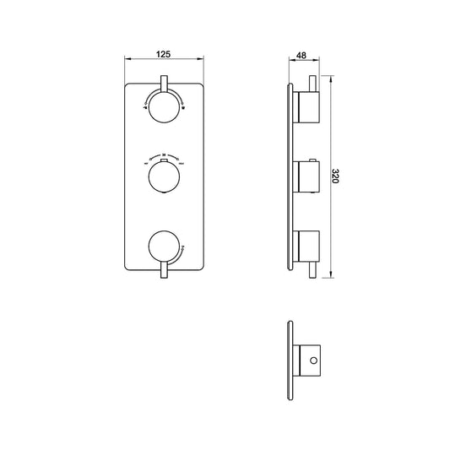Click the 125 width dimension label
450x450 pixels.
(164, 54)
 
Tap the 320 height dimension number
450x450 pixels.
(335, 176)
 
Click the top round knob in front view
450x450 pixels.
(165, 106)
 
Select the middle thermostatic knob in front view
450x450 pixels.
(165, 177)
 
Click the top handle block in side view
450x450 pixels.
(307, 106)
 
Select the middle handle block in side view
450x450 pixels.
(307, 177)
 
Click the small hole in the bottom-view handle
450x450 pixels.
(314, 361)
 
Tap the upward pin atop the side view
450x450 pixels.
(315, 83)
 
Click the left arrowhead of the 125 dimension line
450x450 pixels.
(127, 60)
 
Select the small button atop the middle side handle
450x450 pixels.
(315, 160)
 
